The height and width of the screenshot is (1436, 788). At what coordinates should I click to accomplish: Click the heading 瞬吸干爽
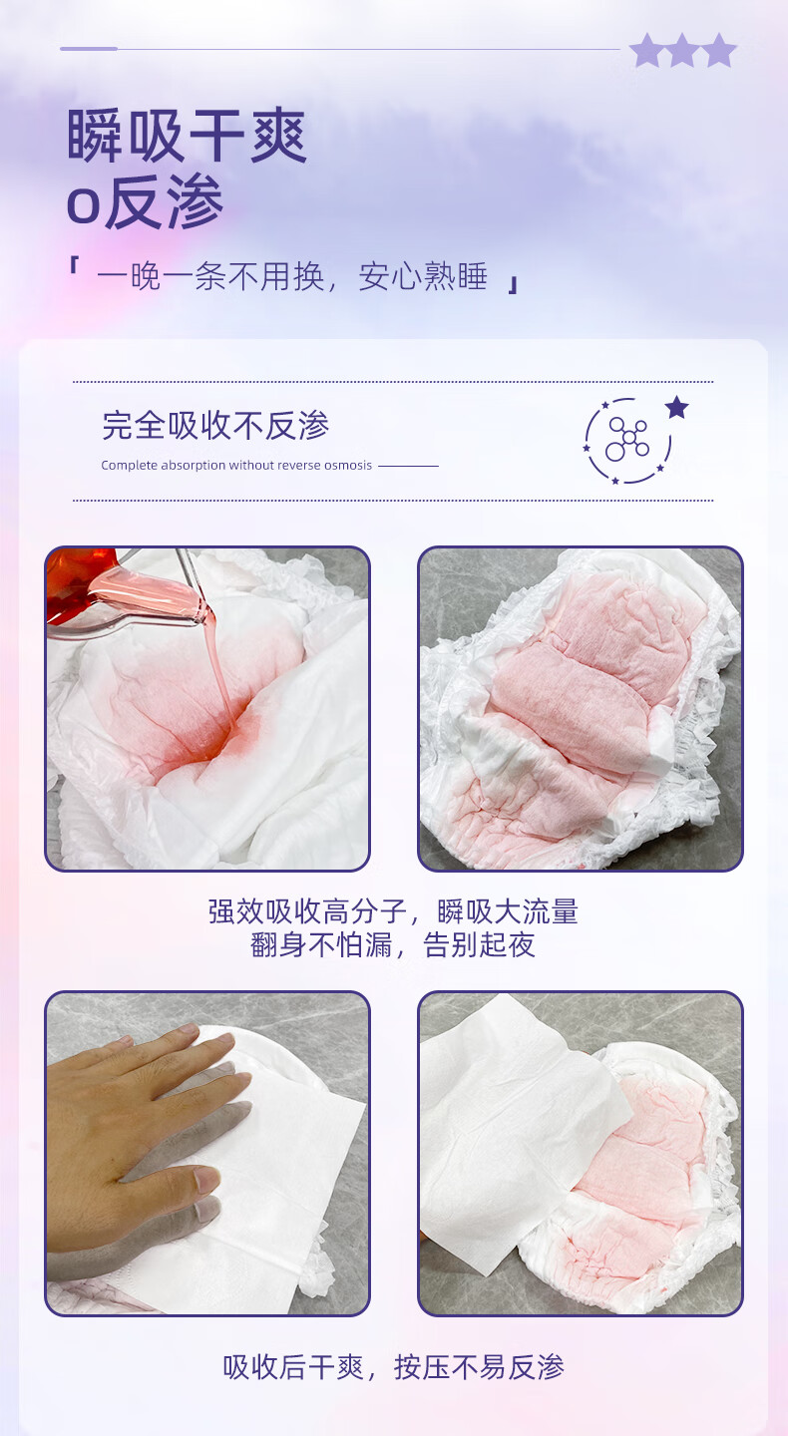click(x=187, y=136)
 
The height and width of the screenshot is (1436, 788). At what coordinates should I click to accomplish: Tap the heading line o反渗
click(x=145, y=201)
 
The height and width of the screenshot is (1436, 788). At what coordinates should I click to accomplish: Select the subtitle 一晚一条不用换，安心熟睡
click(x=292, y=276)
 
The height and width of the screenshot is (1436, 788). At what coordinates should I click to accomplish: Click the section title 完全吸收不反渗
click(x=215, y=425)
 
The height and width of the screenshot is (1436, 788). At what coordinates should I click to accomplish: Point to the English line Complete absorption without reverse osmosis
click(x=236, y=466)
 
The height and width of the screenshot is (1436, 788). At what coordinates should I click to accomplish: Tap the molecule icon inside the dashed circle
click(x=627, y=439)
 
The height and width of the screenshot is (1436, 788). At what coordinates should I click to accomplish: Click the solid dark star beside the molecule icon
click(x=676, y=407)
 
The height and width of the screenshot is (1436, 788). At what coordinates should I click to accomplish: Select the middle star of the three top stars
click(x=682, y=51)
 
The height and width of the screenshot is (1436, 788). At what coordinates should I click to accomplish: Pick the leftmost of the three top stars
click(x=646, y=51)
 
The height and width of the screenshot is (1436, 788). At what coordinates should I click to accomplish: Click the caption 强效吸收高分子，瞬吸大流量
click(x=393, y=911)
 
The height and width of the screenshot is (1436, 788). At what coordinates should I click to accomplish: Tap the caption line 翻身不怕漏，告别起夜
click(x=393, y=945)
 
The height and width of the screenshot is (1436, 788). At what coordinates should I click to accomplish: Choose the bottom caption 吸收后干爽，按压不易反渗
click(x=393, y=1367)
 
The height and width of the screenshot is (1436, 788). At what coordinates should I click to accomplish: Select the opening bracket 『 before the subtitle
click(x=74, y=265)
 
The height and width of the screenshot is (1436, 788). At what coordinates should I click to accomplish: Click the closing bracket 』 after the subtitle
click(x=512, y=285)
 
